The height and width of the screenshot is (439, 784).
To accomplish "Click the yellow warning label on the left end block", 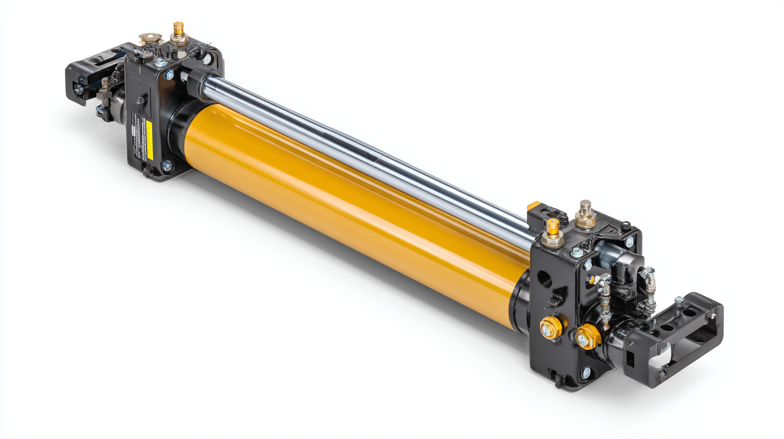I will point(149,140).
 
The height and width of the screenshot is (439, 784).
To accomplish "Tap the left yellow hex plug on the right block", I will point(551,327).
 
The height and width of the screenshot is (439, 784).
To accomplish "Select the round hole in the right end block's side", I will point(544,279).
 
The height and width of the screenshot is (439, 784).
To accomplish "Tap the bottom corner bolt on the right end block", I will point(586,372).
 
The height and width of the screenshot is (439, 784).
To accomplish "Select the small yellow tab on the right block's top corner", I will point(534,206).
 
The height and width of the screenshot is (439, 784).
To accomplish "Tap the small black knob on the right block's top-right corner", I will point(626,225).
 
